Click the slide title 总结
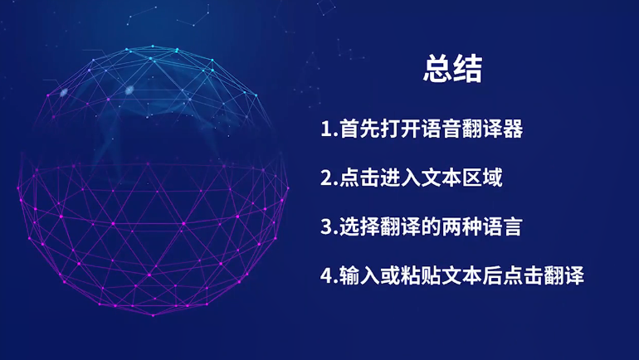[x=453, y=69]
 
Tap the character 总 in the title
[x=437, y=69]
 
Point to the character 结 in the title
[x=468, y=69]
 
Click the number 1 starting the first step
[x=325, y=129]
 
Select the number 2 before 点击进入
[x=326, y=178]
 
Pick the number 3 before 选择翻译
[x=326, y=226]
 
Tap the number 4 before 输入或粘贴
[x=326, y=275]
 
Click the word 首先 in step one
[x=360, y=129]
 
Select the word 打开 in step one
[x=401, y=129]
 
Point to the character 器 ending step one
[x=513, y=129]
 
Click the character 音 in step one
[x=452, y=129]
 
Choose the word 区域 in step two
[x=482, y=178]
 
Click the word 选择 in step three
[x=360, y=226]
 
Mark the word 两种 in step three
[x=461, y=226]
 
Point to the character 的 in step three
[x=432, y=226]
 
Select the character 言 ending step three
[x=513, y=226]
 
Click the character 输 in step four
[x=349, y=275]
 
